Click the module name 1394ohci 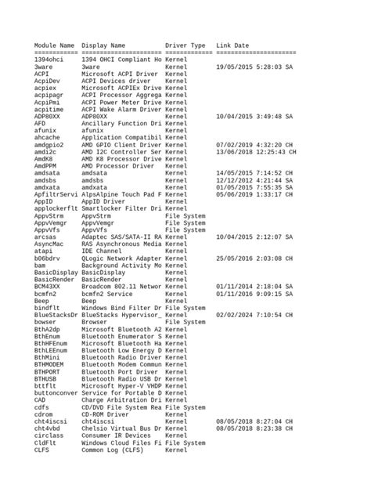pos(49,60)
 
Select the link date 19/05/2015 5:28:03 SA pos(254,67)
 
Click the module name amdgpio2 pos(49,145)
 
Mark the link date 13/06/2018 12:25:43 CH pos(255,152)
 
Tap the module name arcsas pos(45,237)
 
